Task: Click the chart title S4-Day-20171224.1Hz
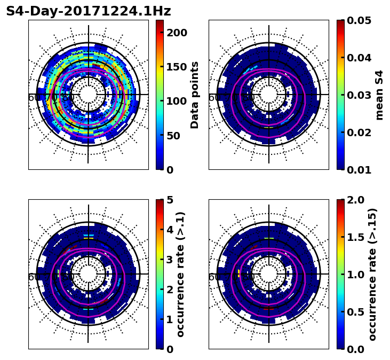point(89,11)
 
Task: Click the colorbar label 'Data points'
point(195,95)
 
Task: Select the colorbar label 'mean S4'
point(379,95)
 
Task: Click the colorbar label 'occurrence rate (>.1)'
point(180,275)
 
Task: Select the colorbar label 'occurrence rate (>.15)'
point(372,275)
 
